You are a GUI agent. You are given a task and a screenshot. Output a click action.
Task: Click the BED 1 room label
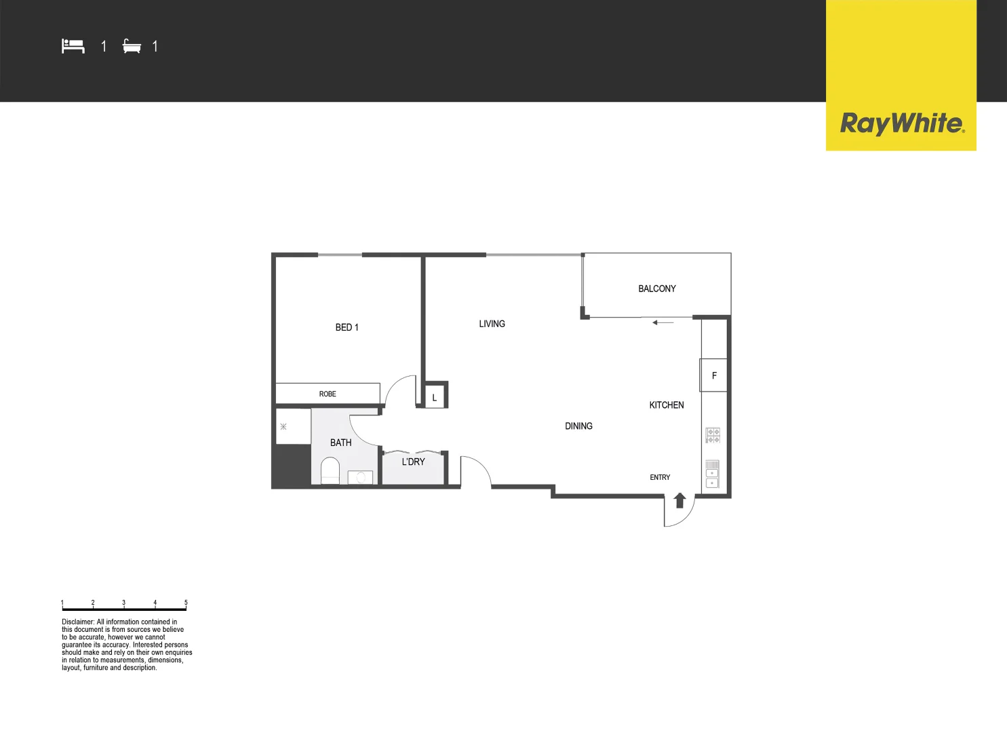pyautogui.click(x=347, y=327)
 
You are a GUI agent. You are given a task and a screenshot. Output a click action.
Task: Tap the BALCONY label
pyautogui.click(x=656, y=288)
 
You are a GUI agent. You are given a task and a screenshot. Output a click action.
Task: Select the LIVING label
pyautogui.click(x=492, y=324)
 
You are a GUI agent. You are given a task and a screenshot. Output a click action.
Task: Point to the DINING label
pyautogui.click(x=578, y=426)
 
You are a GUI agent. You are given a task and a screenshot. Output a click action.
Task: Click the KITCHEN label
pyautogui.click(x=666, y=405)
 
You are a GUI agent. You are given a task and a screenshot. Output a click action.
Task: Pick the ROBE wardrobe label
pyautogui.click(x=328, y=394)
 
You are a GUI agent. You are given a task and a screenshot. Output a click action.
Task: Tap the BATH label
pyautogui.click(x=340, y=443)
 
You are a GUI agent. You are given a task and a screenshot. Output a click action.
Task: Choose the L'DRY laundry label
pyautogui.click(x=413, y=462)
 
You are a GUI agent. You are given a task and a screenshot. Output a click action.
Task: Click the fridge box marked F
pyautogui.click(x=713, y=375)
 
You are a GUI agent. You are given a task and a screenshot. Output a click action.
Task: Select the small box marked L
pyautogui.click(x=435, y=398)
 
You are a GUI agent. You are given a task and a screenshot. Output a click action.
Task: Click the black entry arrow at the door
pyautogui.click(x=679, y=500)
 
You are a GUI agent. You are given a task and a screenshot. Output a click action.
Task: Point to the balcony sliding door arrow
pyautogui.click(x=663, y=322)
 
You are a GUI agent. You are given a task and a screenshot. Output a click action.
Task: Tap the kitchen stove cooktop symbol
pyautogui.click(x=713, y=435)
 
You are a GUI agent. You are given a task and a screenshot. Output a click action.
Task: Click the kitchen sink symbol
pyautogui.click(x=712, y=474)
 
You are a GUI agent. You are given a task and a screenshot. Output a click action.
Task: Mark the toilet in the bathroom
pyautogui.click(x=330, y=470)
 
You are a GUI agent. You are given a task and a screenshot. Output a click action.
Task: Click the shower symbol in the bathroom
pyautogui.click(x=283, y=427)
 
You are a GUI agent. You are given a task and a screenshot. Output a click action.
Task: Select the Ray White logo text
pyautogui.click(x=901, y=124)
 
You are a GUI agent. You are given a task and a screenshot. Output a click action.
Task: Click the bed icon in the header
pyautogui.click(x=73, y=46)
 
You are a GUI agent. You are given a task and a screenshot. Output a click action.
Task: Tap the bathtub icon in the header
pyautogui.click(x=132, y=46)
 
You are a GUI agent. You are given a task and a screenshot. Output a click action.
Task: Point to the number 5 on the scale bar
pyautogui.click(x=186, y=603)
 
